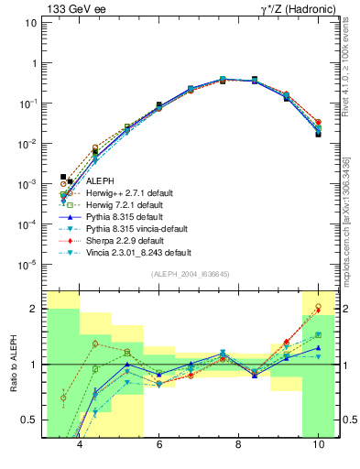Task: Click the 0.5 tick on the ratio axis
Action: point(31,420)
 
